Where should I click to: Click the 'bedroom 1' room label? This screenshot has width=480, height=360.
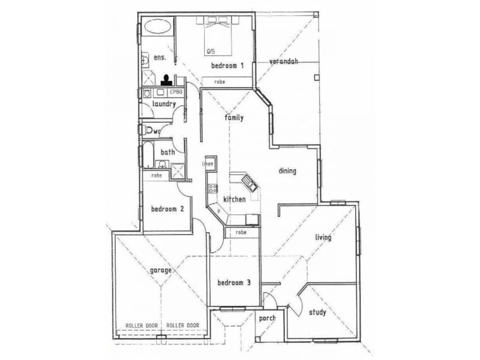[x=227, y=65]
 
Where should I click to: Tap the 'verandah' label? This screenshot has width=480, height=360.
[x=283, y=61]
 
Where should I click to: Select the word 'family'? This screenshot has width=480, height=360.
[x=234, y=118]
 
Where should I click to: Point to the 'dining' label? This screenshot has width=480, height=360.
[x=287, y=171]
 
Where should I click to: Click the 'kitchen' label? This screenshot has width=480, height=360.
[x=234, y=199]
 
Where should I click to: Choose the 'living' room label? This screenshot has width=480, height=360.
[x=324, y=238]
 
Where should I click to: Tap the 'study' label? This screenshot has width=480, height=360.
[x=317, y=312]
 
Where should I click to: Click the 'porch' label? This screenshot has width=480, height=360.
[x=267, y=319]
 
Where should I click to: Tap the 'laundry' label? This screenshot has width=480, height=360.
[x=163, y=104]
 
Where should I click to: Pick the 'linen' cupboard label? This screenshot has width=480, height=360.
[x=208, y=163]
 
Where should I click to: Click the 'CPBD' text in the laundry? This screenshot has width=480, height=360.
[x=176, y=92]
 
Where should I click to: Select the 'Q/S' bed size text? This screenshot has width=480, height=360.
[x=210, y=50]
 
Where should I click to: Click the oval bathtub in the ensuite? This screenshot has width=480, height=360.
[x=158, y=27]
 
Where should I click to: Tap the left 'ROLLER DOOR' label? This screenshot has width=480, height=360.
[x=142, y=325]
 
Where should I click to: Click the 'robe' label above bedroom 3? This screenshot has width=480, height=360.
[x=242, y=232]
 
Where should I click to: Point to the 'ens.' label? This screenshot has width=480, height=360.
[x=160, y=58]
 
